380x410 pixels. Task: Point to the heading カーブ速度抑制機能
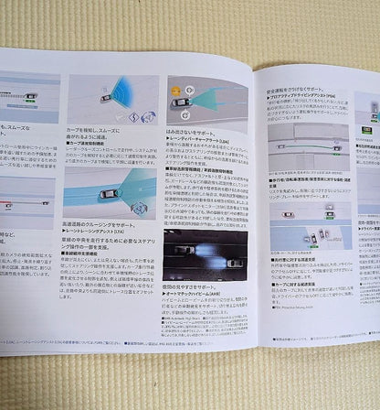pos(88,143)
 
